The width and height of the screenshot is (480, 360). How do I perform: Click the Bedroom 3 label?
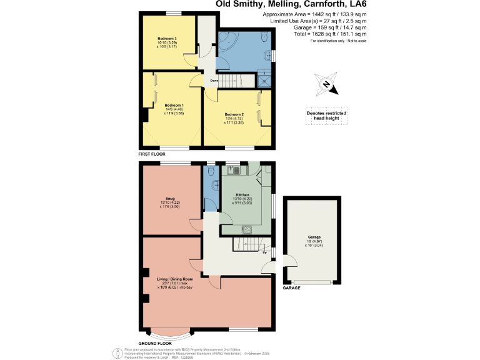click(x=167, y=39)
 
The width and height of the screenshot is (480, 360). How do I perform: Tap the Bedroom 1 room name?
click(x=174, y=105)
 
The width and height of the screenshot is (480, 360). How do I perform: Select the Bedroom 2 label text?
click(x=234, y=114)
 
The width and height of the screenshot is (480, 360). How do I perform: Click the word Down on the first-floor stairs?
click(x=214, y=81)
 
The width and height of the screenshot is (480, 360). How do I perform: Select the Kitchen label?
click(x=242, y=195)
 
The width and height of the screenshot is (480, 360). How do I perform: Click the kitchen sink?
click(x=235, y=170)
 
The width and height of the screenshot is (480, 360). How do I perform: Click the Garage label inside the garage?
click(x=313, y=237)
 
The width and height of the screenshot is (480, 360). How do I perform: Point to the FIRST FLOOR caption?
click(x=153, y=153)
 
